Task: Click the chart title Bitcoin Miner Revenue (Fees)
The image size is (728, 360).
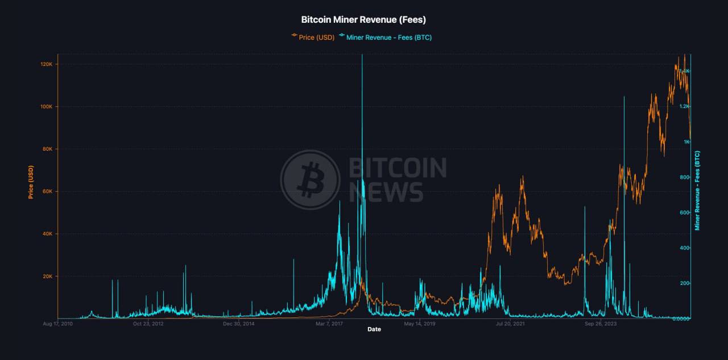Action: [363, 20]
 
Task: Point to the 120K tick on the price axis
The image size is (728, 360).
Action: [45, 64]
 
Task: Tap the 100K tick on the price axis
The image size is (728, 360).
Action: [45, 107]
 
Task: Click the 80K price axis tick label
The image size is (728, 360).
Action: [47, 149]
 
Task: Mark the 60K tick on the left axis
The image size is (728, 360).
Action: [47, 192]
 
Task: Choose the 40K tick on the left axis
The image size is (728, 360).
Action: [47, 234]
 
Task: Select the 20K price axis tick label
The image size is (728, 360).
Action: [47, 276]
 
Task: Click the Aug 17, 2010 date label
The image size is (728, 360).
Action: [58, 324]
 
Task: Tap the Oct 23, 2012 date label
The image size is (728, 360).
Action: [148, 324]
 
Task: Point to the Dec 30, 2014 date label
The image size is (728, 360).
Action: [238, 324]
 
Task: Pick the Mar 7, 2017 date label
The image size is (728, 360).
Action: [329, 324]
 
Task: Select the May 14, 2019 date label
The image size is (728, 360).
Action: [419, 324]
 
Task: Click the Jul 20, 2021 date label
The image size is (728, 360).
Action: [510, 324]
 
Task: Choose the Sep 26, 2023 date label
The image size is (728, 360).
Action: [601, 324]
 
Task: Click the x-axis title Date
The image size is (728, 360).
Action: [374, 329]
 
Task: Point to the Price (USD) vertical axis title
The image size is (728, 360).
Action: [31, 182]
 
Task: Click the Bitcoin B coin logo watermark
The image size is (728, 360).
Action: [310, 180]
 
